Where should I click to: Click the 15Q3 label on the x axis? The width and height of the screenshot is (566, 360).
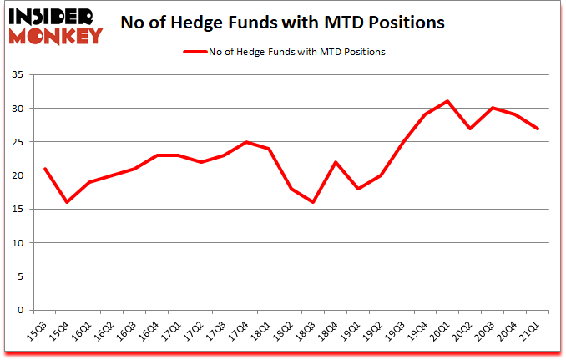tap(38, 332)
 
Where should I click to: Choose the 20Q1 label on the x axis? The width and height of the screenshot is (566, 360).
tap(443, 332)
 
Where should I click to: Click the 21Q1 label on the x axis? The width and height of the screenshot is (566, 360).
tap(533, 332)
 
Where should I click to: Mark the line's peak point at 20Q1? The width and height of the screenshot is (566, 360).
tap(447, 101)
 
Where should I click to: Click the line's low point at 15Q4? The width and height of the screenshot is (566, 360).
tap(67, 202)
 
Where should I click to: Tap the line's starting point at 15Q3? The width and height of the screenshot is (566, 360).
tap(44, 169)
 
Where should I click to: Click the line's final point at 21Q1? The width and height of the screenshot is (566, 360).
tap(538, 129)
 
